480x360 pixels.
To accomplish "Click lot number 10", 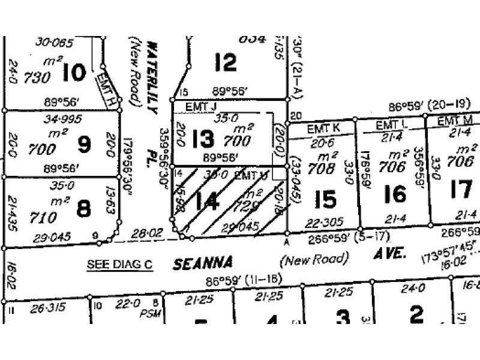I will (74, 73).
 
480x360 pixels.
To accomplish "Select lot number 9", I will (84, 145).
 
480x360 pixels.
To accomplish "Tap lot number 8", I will (84, 209).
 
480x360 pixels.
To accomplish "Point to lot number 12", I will (225, 62).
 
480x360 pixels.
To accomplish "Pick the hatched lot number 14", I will (207, 202).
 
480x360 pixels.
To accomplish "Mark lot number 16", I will (395, 194).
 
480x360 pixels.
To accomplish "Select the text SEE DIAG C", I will (120, 264).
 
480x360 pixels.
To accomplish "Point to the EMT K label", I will (323, 128).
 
